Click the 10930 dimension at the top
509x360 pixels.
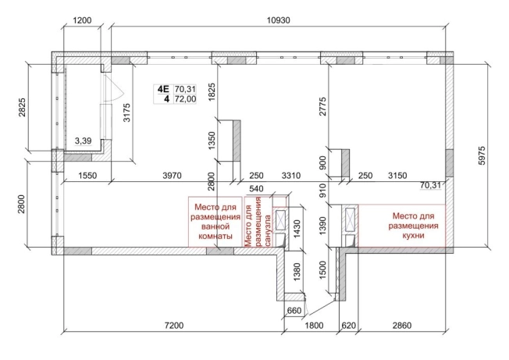(278, 20)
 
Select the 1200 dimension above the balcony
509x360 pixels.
(83, 20)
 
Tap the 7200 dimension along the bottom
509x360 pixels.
(174, 326)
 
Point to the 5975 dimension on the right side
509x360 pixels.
(482, 156)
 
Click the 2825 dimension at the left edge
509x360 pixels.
(22, 108)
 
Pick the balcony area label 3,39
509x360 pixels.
(83, 141)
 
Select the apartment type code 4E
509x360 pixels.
(163, 89)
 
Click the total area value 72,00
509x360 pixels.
(185, 99)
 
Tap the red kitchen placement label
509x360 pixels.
(413, 226)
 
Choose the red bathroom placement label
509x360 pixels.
(215, 222)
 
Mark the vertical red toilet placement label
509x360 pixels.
(258, 222)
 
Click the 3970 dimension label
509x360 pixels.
(172, 176)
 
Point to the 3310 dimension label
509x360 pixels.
(291, 176)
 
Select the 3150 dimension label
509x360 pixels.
(397, 176)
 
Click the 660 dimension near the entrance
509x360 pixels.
(294, 311)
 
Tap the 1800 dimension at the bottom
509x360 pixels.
(314, 326)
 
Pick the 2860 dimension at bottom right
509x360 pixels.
(402, 326)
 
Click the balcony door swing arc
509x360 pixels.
(119, 87)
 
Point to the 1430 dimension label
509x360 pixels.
(297, 229)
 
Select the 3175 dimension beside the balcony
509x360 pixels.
(126, 112)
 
